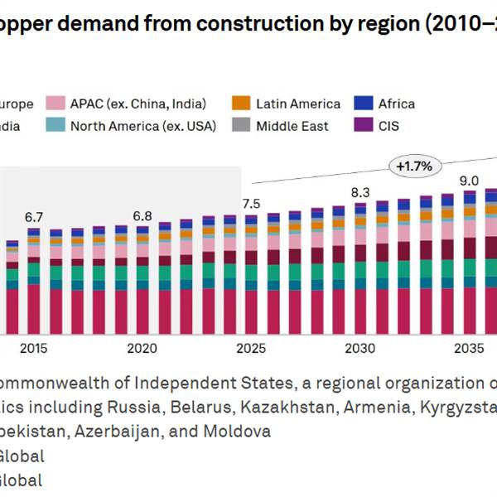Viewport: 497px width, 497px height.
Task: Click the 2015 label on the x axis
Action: [x=34, y=348]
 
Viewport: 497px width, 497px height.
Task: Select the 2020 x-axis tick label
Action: [x=142, y=348]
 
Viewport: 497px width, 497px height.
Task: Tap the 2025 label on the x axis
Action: [x=250, y=348]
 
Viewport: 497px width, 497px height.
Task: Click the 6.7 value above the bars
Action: [x=34, y=217]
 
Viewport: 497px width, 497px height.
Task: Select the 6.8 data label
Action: [x=142, y=216]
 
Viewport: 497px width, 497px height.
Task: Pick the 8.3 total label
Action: [x=360, y=193]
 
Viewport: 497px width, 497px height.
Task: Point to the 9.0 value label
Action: [x=469, y=181]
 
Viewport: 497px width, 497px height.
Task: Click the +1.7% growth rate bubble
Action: [x=414, y=166]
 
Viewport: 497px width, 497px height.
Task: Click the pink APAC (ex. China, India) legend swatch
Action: [x=56, y=104]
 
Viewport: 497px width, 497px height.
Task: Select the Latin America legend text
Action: [x=298, y=104]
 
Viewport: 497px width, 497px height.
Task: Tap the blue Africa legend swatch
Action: [x=363, y=104]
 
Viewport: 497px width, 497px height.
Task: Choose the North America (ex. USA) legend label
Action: [x=142, y=126]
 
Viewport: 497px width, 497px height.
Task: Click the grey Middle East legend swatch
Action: [x=241, y=126]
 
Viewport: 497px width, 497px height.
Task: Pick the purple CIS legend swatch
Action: [x=363, y=126]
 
